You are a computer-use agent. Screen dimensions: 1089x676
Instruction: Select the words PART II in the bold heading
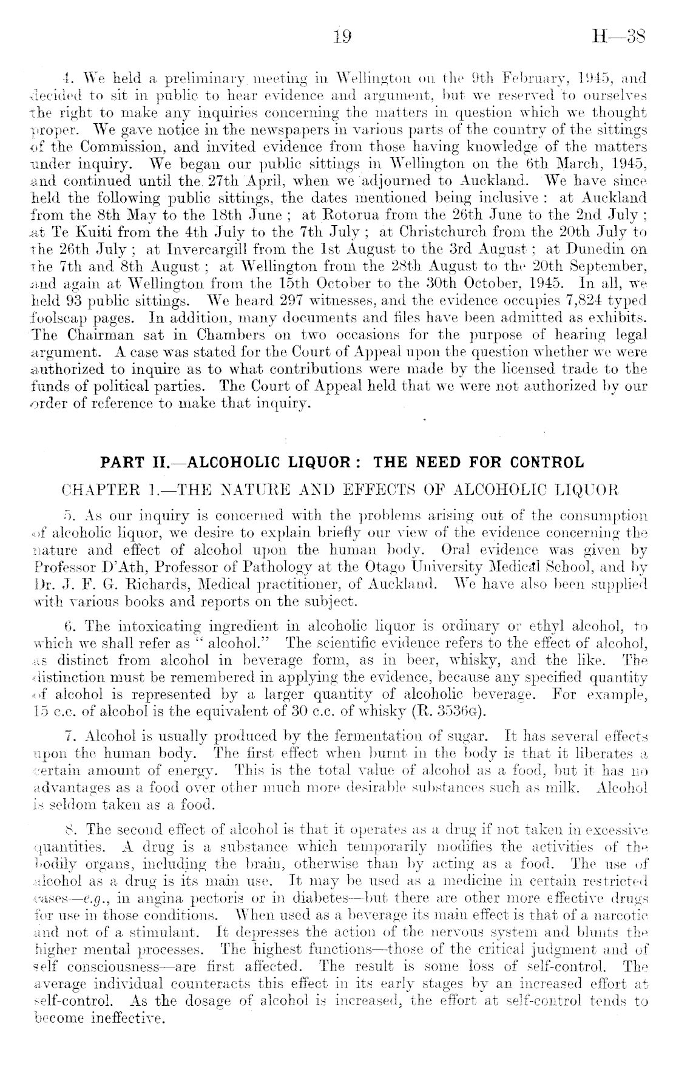coord(129,463)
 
